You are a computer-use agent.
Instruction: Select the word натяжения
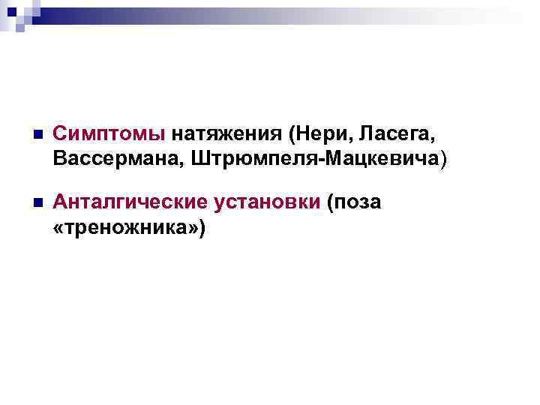[227, 135]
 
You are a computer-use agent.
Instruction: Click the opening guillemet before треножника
[61, 226]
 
